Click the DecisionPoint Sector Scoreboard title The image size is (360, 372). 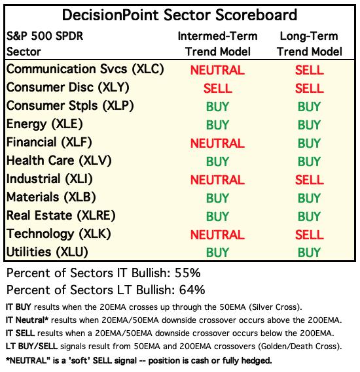[179, 15]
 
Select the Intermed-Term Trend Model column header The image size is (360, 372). [218, 44]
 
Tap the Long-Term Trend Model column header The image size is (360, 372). [309, 44]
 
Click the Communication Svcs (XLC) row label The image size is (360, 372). [85, 69]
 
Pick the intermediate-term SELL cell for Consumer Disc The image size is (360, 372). [218, 88]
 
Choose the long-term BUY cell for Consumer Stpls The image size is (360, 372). [309, 107]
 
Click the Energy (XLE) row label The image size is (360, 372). [45, 124]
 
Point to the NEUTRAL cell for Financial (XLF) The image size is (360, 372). [217, 143]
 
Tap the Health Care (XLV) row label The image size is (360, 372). [59, 161]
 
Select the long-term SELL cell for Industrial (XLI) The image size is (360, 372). [310, 180]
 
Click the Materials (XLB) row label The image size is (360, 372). [51, 197]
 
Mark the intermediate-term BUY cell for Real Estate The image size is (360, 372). [217, 216]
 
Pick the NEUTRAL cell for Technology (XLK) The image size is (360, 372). [217, 235]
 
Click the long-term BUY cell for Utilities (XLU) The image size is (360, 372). [309, 252]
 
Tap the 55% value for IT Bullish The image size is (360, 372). [188, 273]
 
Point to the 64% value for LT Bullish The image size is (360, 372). [192, 290]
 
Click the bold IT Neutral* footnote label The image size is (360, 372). [27, 320]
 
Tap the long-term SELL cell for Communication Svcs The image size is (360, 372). [310, 70]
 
